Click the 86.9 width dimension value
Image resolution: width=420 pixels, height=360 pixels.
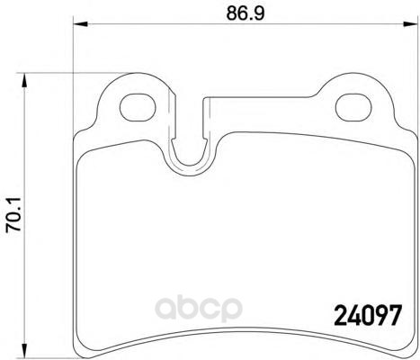point(246,13)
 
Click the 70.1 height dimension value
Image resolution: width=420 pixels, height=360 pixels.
point(13,214)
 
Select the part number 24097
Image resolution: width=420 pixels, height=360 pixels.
point(367,315)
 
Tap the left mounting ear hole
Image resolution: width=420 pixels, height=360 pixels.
point(138,107)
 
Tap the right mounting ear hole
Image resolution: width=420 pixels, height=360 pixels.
point(353,107)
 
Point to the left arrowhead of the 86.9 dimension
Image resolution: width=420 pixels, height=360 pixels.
point(80,24)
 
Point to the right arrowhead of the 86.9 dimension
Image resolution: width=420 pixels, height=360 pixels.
point(411,24)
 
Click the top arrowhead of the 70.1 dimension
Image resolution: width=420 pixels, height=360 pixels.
point(24,80)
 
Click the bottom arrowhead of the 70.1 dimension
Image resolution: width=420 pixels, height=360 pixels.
point(24,352)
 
